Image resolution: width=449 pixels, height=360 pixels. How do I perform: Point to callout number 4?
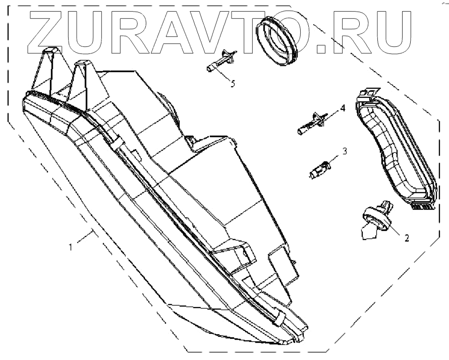[343, 108]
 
